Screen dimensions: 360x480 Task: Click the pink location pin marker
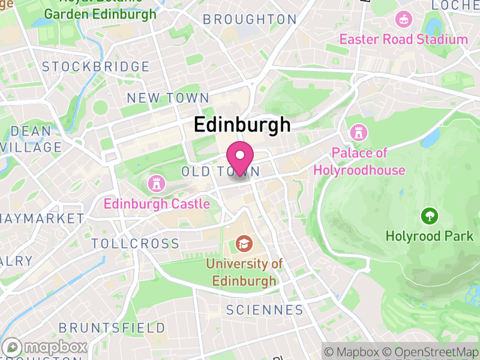pyautogui.click(x=241, y=157)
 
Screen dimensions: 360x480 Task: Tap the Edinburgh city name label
pyautogui.click(x=242, y=124)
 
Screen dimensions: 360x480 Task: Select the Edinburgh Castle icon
pyautogui.click(x=157, y=182)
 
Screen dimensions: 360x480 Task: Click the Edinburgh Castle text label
pyautogui.click(x=157, y=204)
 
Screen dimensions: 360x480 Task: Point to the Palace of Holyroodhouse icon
pyautogui.click(x=359, y=131)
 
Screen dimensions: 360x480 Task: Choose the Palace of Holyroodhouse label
pyautogui.click(x=359, y=161)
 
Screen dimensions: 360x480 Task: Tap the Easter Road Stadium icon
pyautogui.click(x=403, y=19)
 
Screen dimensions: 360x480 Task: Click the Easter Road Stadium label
pyautogui.click(x=403, y=40)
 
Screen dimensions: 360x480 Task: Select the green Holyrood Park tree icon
pyautogui.click(x=429, y=215)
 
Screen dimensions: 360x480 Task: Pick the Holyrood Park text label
pyautogui.click(x=429, y=236)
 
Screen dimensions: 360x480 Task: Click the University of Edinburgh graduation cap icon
pyautogui.click(x=244, y=243)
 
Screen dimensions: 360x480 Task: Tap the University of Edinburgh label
pyautogui.click(x=244, y=272)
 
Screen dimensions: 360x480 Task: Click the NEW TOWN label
pyautogui.click(x=168, y=98)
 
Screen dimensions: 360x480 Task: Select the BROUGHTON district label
pyautogui.click(x=250, y=19)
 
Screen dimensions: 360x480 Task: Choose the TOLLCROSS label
pyautogui.click(x=136, y=244)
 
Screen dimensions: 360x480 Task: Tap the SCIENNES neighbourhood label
pyautogui.click(x=265, y=310)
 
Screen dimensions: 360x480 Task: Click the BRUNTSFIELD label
pyautogui.click(x=112, y=328)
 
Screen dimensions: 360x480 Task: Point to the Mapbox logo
pyautogui.click(x=46, y=347)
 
